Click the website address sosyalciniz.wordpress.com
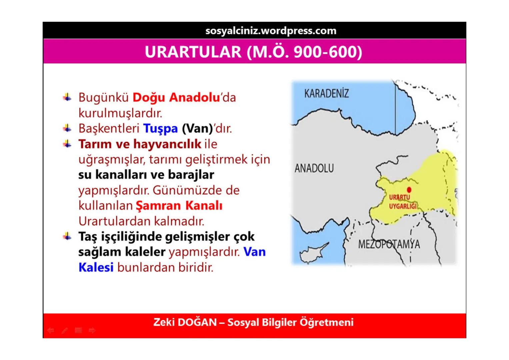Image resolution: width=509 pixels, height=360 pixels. pyautogui.click(x=271, y=31)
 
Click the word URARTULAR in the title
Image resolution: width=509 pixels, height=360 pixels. pyautogui.click(x=193, y=52)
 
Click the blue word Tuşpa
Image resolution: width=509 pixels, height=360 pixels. pyautogui.click(x=160, y=128)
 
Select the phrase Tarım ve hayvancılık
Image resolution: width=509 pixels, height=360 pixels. pyautogui.click(x=140, y=144)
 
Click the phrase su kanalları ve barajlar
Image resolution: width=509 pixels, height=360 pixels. pyautogui.click(x=146, y=175)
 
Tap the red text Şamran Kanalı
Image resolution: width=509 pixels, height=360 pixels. pyautogui.click(x=179, y=206)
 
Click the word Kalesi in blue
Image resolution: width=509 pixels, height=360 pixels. pyautogui.click(x=96, y=267)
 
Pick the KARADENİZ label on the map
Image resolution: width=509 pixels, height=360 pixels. pyautogui.click(x=326, y=93)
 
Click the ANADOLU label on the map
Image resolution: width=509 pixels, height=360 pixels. pyautogui.click(x=314, y=168)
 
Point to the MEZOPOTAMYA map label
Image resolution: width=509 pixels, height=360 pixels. pyautogui.click(x=389, y=244)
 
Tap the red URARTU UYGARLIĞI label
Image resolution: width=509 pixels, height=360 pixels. pyautogui.click(x=402, y=202)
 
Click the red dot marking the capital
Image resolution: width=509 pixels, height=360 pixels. pyautogui.click(x=409, y=190)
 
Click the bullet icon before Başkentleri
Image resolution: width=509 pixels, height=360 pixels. pyautogui.click(x=67, y=128)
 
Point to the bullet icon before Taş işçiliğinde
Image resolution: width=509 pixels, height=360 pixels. pyautogui.click(x=67, y=236)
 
